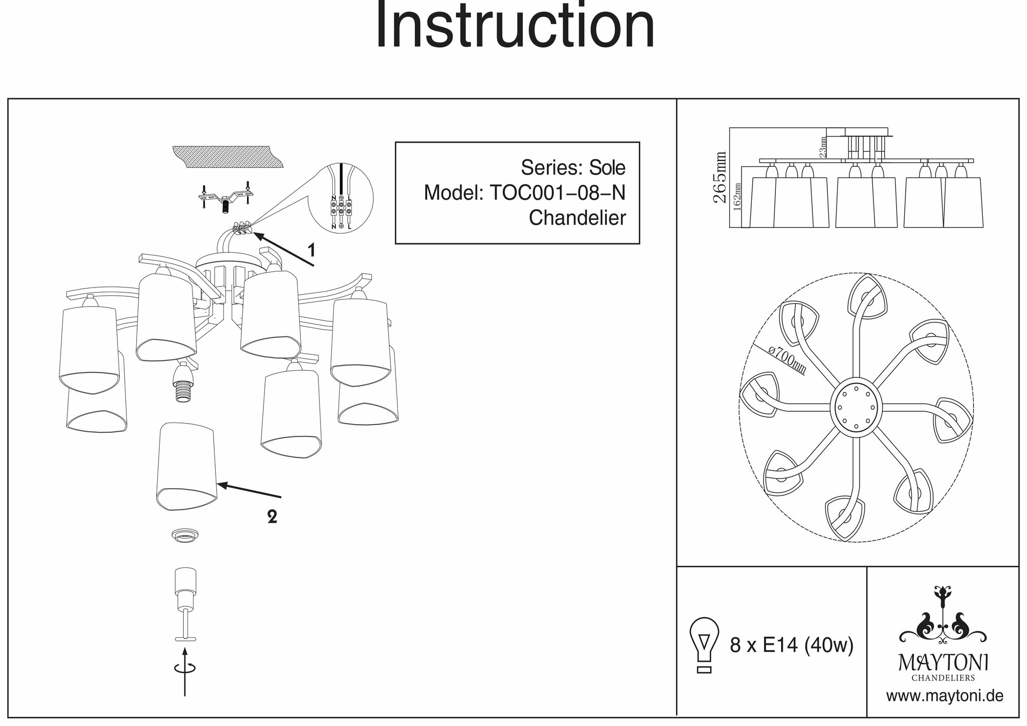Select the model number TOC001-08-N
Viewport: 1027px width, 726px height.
coord(558,193)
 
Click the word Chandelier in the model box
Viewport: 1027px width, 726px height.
coord(577,218)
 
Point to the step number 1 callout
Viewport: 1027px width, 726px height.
coord(311,251)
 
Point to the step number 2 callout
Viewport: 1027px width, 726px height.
coord(272,517)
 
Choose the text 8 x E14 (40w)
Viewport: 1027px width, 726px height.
coord(791,645)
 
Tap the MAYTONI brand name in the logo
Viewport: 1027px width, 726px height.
coord(943,663)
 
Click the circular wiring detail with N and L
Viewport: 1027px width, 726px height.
coord(341,198)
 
